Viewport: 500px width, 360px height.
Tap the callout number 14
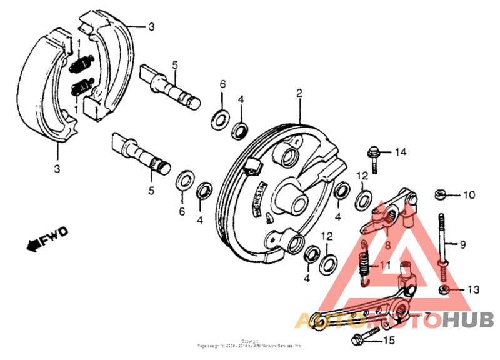400,151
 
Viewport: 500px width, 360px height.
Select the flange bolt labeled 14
373,157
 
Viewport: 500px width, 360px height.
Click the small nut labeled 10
439,194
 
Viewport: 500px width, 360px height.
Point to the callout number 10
469,194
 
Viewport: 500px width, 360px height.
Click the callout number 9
463,243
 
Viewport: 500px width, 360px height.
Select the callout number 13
472,289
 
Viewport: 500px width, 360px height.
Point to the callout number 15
389,341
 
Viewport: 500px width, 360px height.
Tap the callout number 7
427,317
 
